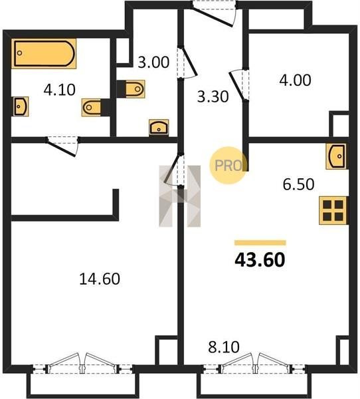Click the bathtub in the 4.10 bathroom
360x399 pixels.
coord(44,53)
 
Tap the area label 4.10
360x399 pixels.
coord(60,90)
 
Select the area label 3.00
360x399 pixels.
coord(153,63)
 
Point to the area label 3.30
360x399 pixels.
coord(213,97)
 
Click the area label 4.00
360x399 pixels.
coord(295,80)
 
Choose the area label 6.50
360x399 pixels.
coord(298,184)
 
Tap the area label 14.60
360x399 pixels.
coord(100,279)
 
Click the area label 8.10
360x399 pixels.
coord(224,347)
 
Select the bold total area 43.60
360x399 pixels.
coord(260,260)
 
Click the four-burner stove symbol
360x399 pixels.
coord(333,210)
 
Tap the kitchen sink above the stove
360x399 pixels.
coord(336,156)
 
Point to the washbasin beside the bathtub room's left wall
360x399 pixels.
coord(20,106)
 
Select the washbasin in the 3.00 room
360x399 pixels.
coord(159,127)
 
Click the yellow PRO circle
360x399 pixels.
coord(228,166)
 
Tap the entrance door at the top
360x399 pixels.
coord(214,14)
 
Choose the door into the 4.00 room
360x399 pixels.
coord(239,85)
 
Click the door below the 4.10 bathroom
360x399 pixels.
coord(62,147)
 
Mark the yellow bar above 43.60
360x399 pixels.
coord(260,243)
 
